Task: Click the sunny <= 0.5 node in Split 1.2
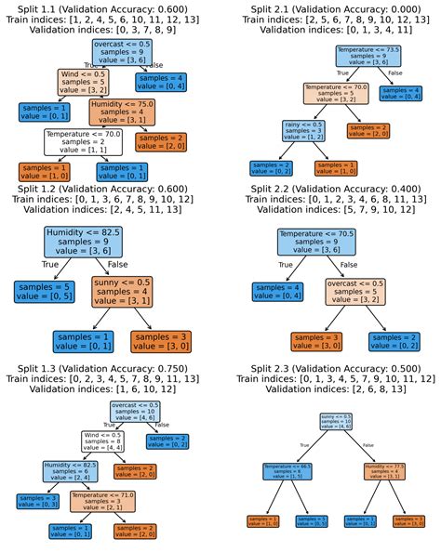[129, 289]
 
